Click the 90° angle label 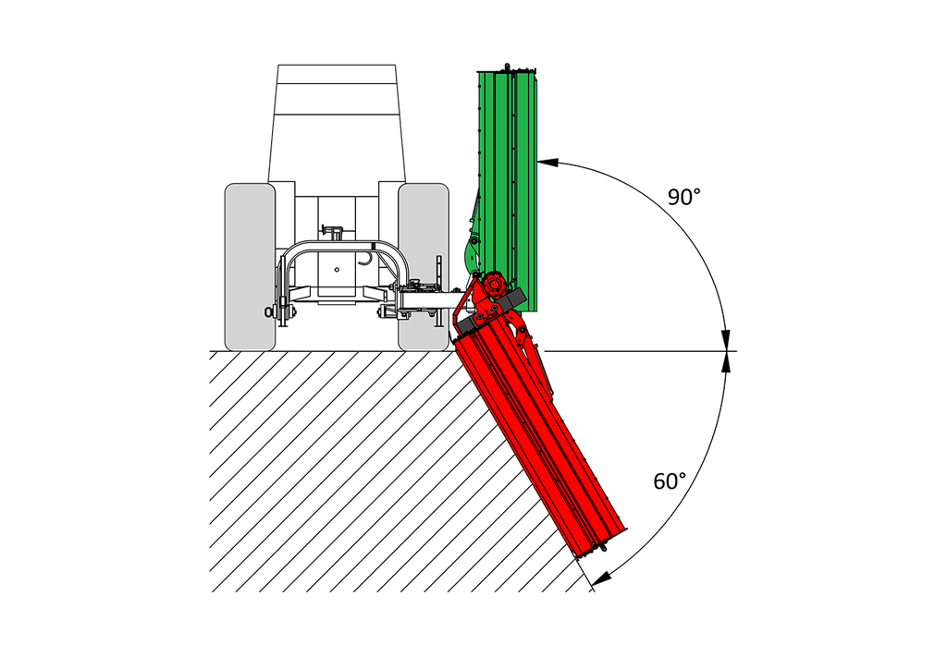coord(683,197)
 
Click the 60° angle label coord(670,481)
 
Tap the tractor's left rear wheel coord(250,267)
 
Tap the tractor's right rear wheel coord(424,267)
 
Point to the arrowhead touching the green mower coord(547,162)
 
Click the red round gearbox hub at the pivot coord(495,285)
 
